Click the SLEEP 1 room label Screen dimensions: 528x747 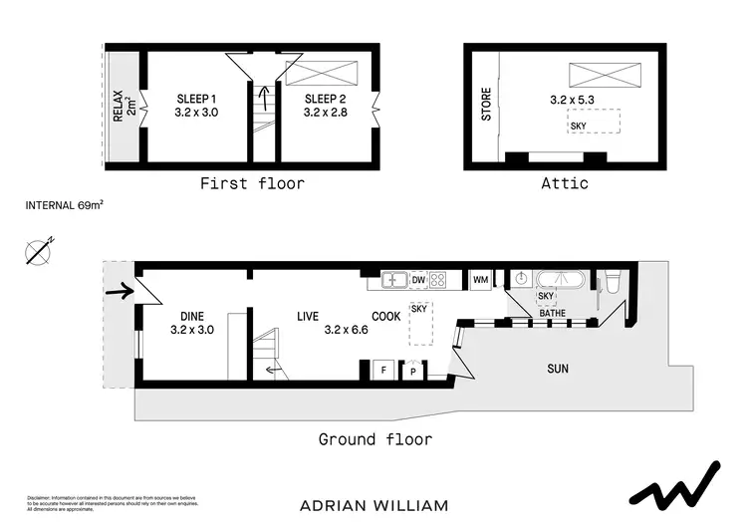tap(196, 99)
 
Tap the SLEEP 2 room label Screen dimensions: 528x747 tap(324, 99)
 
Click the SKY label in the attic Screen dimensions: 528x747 tap(579, 125)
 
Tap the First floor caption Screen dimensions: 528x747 tap(252, 183)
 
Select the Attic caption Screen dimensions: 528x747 tap(564, 183)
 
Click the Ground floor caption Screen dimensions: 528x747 tap(374, 439)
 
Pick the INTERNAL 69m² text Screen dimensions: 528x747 tap(65, 206)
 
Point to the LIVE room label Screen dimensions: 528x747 tap(308, 317)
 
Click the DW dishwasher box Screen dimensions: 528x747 tap(418, 280)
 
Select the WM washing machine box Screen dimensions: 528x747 tap(480, 280)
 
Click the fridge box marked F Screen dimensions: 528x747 tap(383, 370)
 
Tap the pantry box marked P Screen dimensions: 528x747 tap(412, 371)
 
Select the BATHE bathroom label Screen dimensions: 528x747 tap(553, 314)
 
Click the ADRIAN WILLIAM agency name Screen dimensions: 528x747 tap(374, 505)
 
